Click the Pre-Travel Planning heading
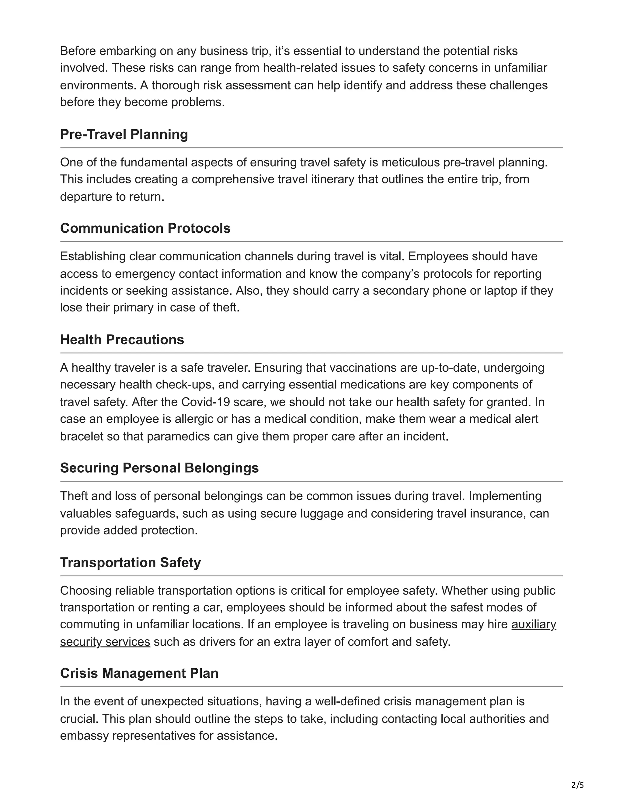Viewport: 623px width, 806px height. pos(124,134)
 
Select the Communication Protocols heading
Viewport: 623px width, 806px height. pos(145,228)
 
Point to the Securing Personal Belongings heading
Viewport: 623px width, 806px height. pos(159,468)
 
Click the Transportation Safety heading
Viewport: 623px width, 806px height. pos(130,562)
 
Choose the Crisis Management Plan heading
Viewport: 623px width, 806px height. pos(139,673)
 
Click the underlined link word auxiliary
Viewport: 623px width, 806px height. pos(533,624)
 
